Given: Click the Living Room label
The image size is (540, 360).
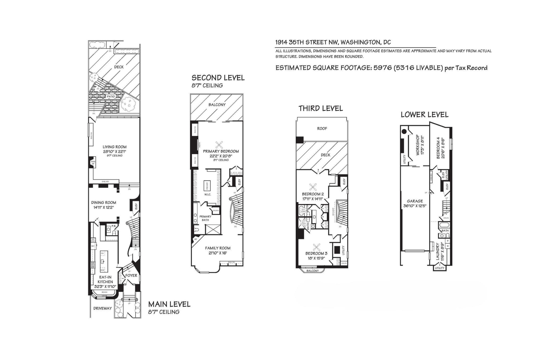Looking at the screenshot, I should click(x=115, y=147).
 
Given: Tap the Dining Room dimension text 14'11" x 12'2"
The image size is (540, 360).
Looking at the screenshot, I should click(x=103, y=207).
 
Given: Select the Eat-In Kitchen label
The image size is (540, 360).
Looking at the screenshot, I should click(x=105, y=279).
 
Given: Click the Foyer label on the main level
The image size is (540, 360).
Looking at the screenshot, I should click(x=131, y=275).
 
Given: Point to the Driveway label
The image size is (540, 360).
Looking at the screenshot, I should click(x=102, y=308).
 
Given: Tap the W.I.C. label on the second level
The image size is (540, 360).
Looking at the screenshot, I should click(x=208, y=194).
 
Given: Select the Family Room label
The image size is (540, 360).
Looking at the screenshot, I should click(x=218, y=248).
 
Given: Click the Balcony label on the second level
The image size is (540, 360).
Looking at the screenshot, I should click(x=217, y=105).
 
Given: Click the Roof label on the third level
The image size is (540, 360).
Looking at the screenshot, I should click(x=322, y=128).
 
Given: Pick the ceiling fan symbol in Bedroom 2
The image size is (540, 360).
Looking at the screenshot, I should click(x=313, y=187).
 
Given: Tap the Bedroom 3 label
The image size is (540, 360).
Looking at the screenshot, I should click(x=316, y=253).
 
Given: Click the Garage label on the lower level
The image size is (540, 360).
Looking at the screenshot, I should click(x=415, y=201).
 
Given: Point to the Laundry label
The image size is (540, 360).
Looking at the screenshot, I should click(x=438, y=251).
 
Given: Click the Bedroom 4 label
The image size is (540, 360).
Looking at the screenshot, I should click(x=438, y=148).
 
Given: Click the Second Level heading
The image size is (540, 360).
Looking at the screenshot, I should click(x=218, y=78).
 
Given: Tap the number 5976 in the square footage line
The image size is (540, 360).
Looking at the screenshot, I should click(x=382, y=68).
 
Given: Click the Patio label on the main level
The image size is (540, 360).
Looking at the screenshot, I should click(x=111, y=97).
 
